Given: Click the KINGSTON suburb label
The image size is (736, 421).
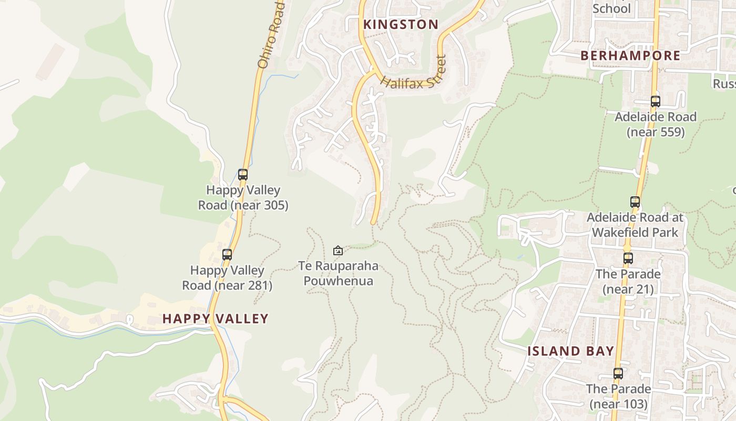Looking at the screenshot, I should point(401,24).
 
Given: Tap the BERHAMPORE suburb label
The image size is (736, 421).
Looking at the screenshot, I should point(630,55).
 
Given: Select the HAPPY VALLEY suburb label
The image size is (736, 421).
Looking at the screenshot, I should point(216,318).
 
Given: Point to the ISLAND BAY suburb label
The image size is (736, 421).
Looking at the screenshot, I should point(571,351).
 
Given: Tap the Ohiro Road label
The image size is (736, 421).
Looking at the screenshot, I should point(271,35).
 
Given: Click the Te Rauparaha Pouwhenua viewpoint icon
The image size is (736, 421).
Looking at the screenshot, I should point(338,250).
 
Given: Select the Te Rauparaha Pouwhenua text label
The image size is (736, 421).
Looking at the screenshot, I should point(338,273).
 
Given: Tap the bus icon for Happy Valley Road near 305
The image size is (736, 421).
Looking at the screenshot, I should point(243,175).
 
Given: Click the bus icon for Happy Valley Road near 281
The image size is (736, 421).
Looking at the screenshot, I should point(227,255).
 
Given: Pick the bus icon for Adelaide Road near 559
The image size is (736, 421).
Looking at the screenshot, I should point(655,102).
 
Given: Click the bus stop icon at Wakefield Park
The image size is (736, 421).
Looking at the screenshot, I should point(635,202).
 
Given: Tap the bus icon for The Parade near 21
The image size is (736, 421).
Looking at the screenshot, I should point(628,258).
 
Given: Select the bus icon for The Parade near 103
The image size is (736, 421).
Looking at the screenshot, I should point(618,374).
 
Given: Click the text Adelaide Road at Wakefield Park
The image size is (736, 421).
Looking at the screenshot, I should point(635,225).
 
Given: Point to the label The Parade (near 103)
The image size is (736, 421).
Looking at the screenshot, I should point(618,396).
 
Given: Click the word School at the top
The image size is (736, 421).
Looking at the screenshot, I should point(611,8).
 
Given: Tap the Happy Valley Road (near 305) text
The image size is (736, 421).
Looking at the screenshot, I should point(243,197).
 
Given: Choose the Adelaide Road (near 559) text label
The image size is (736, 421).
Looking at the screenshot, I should point(656,124).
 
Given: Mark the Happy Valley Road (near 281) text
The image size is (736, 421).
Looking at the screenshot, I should point(227,277).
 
